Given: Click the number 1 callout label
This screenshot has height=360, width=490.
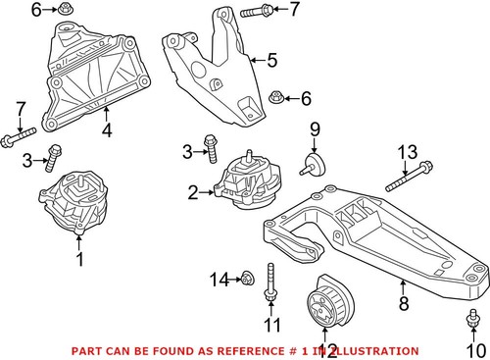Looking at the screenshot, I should [80, 259].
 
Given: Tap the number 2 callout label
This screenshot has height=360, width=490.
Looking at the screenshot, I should [193, 191].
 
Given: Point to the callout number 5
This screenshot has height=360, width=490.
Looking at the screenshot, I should [271, 60].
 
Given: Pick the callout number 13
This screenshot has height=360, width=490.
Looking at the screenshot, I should [407, 151].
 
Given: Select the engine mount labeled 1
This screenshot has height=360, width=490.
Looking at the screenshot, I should [74, 203].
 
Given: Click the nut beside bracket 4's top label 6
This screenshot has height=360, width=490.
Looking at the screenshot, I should [67, 12].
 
